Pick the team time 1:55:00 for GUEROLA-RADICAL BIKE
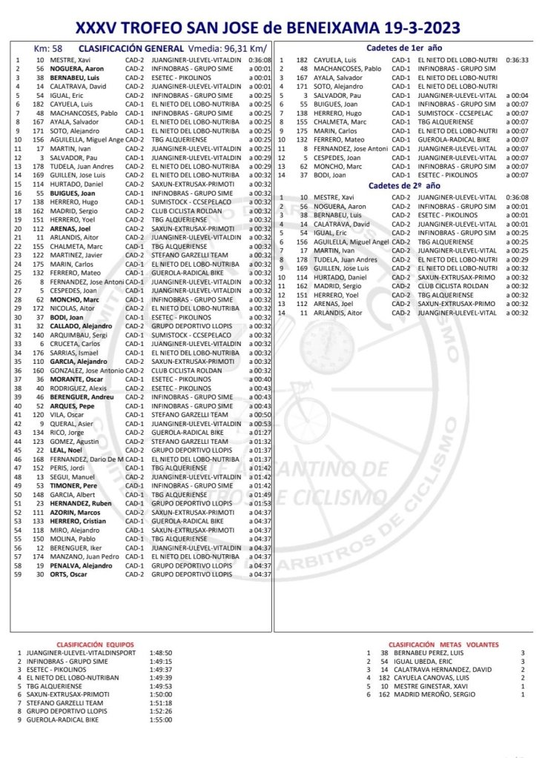point(161,719)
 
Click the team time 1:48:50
point(161,654)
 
